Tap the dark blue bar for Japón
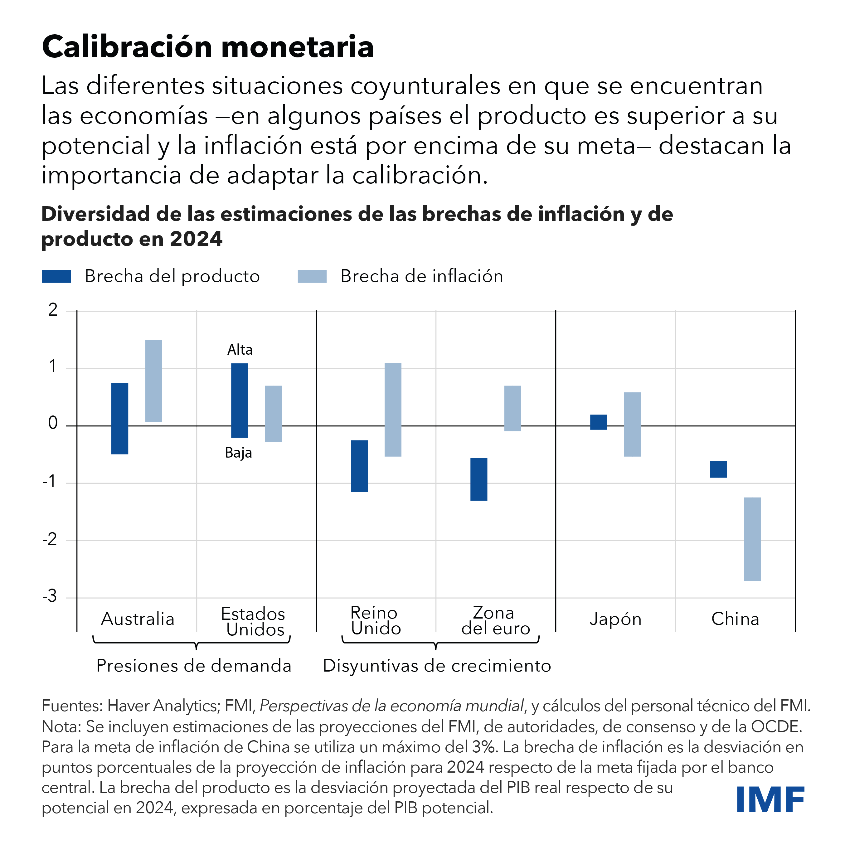(x=598, y=422)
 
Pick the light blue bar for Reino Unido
(x=393, y=409)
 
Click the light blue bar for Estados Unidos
(x=273, y=413)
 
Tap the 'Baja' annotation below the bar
(x=238, y=452)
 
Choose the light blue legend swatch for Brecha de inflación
(x=312, y=276)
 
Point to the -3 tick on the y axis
(x=50, y=596)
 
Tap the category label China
(x=735, y=619)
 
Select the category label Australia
(x=138, y=619)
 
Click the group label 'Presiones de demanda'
(x=194, y=666)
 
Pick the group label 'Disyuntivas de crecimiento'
(x=436, y=666)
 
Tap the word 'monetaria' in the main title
(x=297, y=47)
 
